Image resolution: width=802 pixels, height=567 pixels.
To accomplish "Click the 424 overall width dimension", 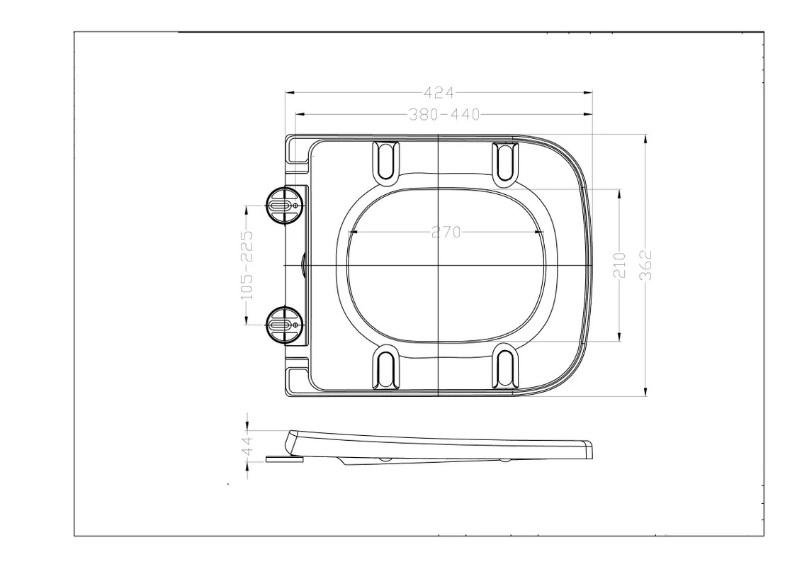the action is click(439, 93).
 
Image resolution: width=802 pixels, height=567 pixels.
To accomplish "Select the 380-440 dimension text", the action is click(444, 115).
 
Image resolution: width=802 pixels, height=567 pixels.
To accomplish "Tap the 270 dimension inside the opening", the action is click(446, 232).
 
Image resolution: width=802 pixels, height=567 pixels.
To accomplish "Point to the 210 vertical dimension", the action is click(619, 265).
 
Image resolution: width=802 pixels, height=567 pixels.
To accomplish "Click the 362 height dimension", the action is click(646, 265).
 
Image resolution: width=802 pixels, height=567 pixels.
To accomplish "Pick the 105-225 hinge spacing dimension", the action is click(247, 265).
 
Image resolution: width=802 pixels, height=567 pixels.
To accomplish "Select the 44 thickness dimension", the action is click(247, 445).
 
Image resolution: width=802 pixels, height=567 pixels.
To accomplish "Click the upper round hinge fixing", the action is click(284, 205).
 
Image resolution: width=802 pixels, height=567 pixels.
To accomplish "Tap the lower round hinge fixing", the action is click(284, 325).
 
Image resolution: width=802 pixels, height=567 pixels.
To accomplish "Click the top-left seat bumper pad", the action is click(386, 161).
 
